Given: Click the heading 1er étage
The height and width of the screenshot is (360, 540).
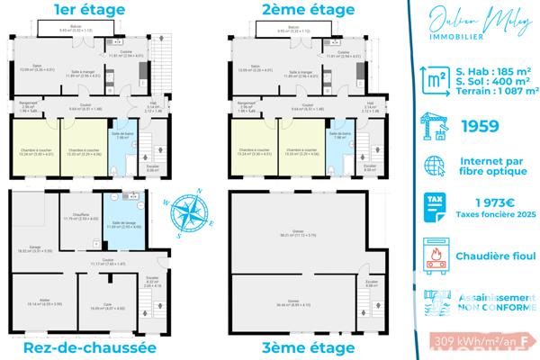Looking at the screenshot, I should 76,12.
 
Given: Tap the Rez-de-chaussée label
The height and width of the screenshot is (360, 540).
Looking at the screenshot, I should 80,347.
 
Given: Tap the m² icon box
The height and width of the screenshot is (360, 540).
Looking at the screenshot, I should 436,84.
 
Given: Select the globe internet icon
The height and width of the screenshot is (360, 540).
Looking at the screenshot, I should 436,167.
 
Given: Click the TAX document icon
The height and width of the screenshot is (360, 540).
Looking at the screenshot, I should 436,208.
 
